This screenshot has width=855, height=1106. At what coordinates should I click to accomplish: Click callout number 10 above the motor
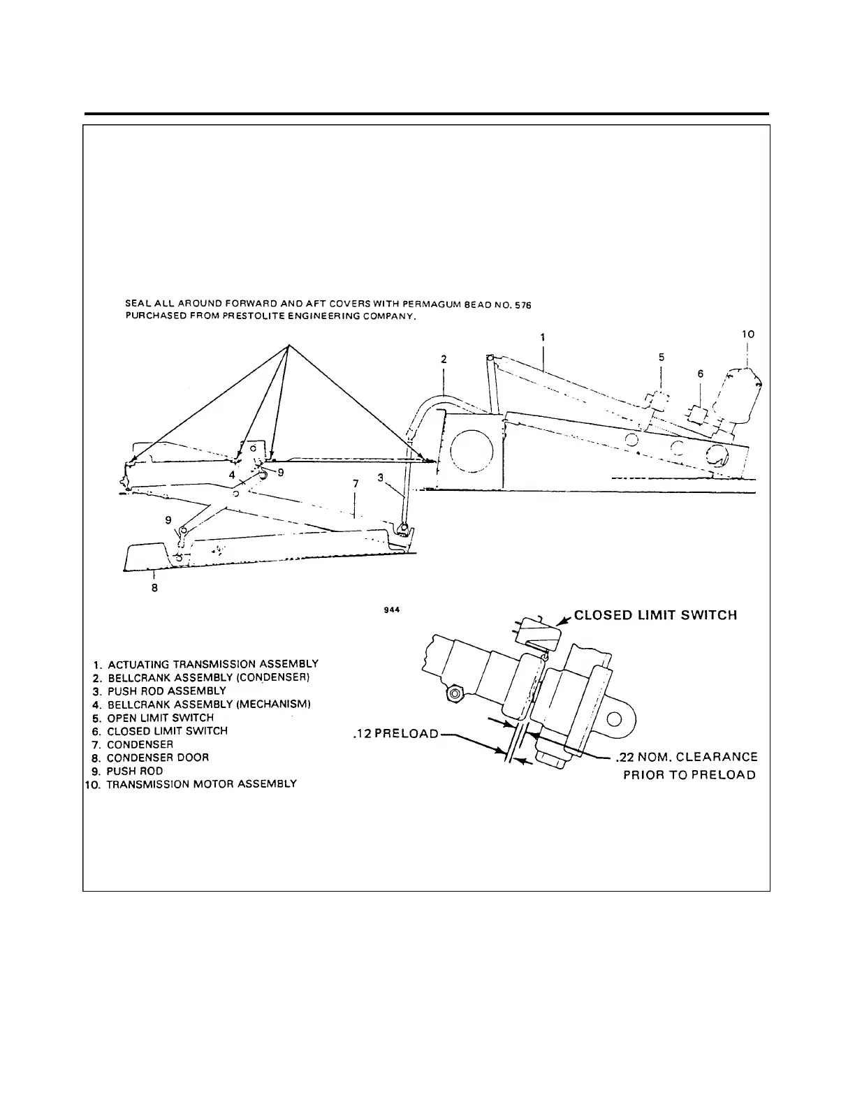click(x=748, y=335)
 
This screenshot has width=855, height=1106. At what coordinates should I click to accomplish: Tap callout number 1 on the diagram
click(x=543, y=337)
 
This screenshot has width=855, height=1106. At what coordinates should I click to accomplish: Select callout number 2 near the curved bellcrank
click(x=443, y=360)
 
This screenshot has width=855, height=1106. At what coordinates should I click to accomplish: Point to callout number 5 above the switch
click(x=662, y=357)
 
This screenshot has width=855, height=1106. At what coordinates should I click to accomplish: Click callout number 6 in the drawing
click(x=701, y=374)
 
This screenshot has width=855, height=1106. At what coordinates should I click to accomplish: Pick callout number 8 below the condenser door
click(x=154, y=588)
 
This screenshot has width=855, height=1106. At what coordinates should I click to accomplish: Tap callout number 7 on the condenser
click(x=356, y=484)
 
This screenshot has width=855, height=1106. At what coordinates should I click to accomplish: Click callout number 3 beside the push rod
click(x=380, y=478)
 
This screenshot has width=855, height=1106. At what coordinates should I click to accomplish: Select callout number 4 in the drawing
click(x=231, y=474)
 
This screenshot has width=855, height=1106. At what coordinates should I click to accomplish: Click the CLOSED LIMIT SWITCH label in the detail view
click(x=655, y=616)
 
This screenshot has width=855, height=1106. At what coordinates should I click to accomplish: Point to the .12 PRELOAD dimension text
click(x=395, y=734)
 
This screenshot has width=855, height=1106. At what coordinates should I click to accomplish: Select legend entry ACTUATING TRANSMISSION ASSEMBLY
click(x=213, y=664)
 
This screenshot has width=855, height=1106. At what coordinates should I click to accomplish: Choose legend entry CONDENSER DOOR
click(x=157, y=758)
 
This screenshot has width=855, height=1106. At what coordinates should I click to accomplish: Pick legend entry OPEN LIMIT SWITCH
click(x=160, y=718)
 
